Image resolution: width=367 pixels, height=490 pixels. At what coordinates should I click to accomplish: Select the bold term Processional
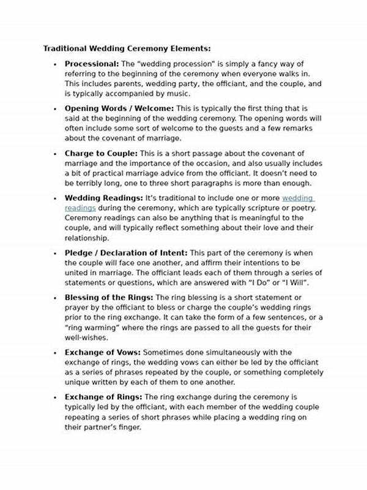pyautogui.click(x=92, y=64)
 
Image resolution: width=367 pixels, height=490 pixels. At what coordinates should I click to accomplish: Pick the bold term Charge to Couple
pyautogui.click(x=101, y=153)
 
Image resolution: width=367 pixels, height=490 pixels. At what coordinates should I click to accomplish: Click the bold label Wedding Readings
pyautogui.click(x=104, y=198)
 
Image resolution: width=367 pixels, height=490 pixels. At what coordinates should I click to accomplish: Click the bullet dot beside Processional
pyautogui.click(x=55, y=64)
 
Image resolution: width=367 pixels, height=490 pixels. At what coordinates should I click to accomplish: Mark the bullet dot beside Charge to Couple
pyautogui.click(x=55, y=154)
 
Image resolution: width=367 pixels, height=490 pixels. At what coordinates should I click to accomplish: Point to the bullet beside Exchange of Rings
pyautogui.click(x=55, y=398)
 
